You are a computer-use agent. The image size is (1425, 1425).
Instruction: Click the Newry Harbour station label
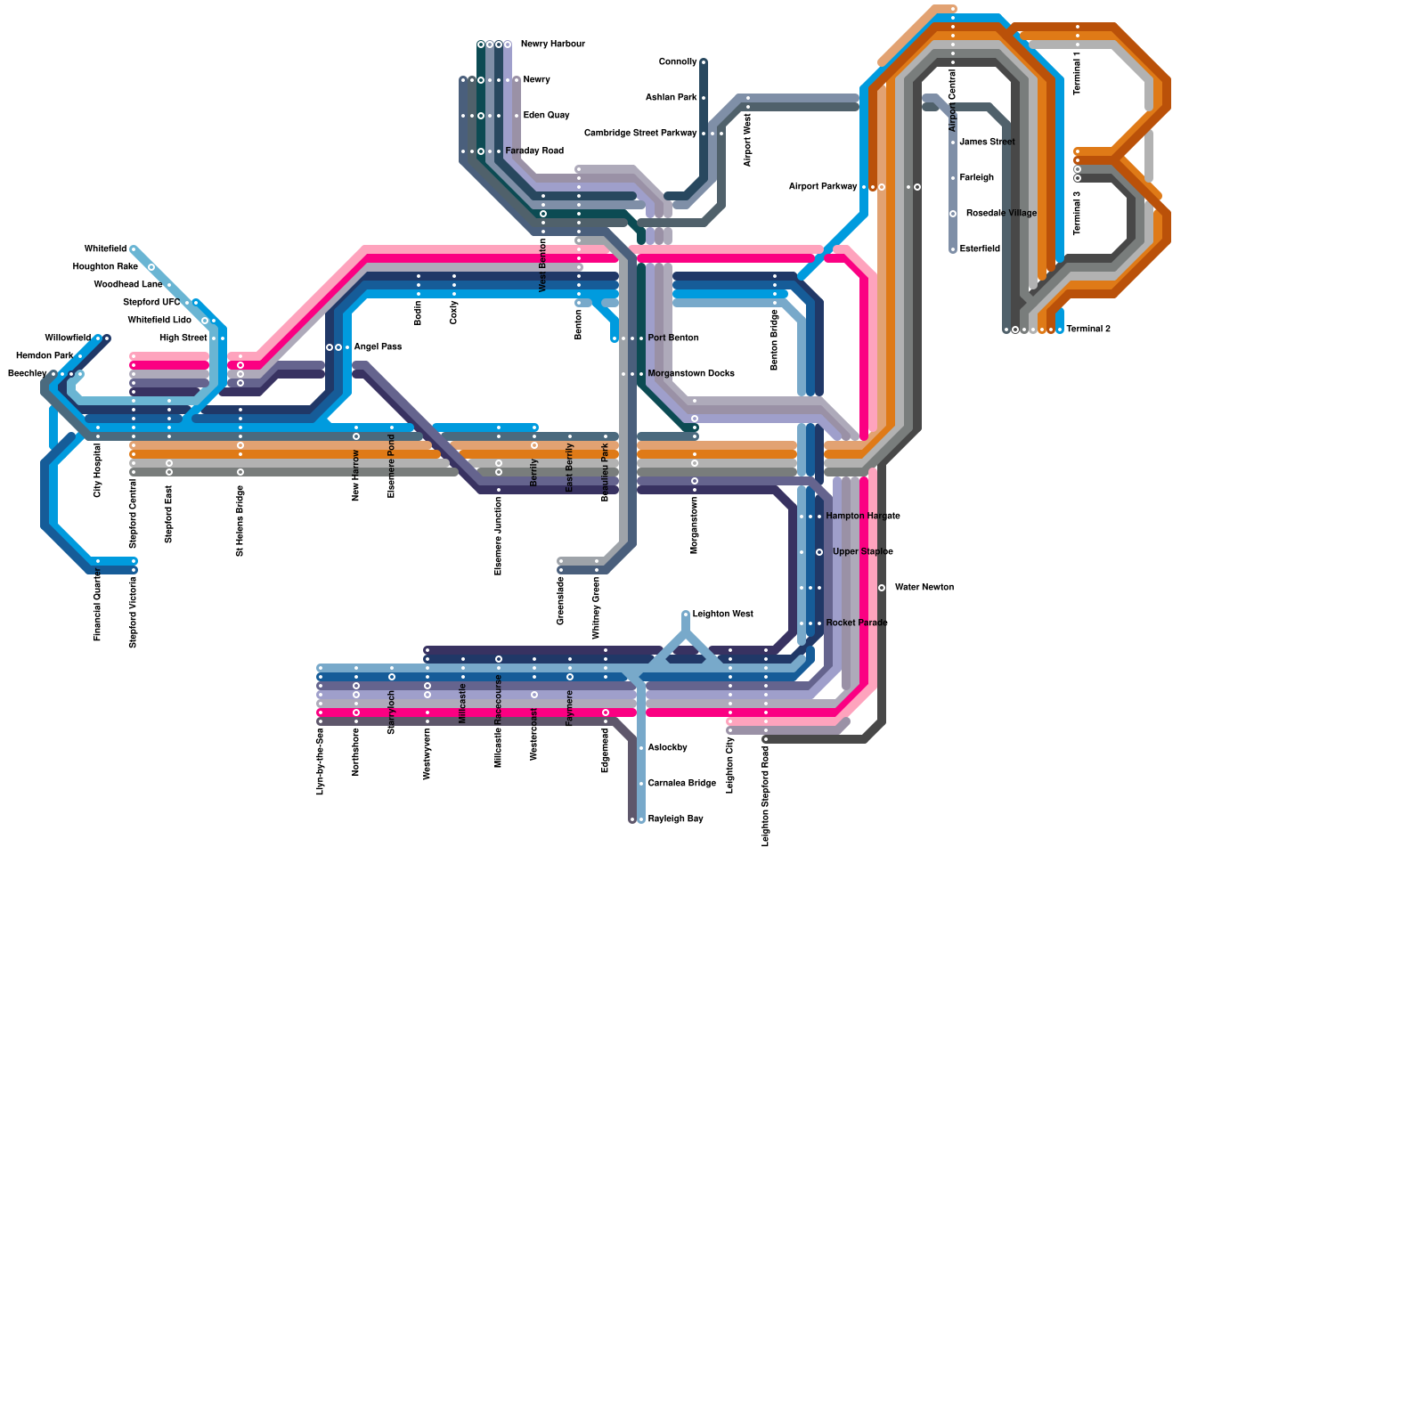pos(552,45)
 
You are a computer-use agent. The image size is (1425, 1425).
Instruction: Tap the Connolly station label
pos(678,62)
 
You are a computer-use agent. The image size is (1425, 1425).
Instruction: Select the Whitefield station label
pos(105,249)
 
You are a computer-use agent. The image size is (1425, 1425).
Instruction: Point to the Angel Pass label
pos(378,347)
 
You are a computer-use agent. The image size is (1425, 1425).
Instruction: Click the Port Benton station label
pos(673,338)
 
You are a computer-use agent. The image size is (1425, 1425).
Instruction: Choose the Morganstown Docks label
pos(691,374)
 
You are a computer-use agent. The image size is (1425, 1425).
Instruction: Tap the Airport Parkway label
pos(823,187)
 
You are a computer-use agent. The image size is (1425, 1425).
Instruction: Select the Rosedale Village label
pos(1001,214)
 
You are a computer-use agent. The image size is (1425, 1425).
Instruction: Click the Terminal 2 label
pos(1088,330)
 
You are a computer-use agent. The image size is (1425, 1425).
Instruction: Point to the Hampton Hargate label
pos(862,517)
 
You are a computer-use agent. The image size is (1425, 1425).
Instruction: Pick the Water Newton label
pos(924,588)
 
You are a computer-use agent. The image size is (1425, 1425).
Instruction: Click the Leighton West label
pos(722,615)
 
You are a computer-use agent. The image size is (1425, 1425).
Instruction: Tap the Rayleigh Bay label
pos(675,819)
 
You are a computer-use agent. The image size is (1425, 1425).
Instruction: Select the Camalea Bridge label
pos(681,784)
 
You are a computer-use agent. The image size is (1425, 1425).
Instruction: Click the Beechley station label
pos(27,374)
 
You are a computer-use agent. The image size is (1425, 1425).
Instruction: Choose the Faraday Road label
pos(534,151)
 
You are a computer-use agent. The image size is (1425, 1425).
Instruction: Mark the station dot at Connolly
pos(704,62)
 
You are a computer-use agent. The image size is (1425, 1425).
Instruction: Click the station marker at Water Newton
pos(882,588)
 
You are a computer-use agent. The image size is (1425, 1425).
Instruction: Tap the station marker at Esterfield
pos(953,249)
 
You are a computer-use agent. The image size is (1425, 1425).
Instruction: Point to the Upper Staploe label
pos(862,552)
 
